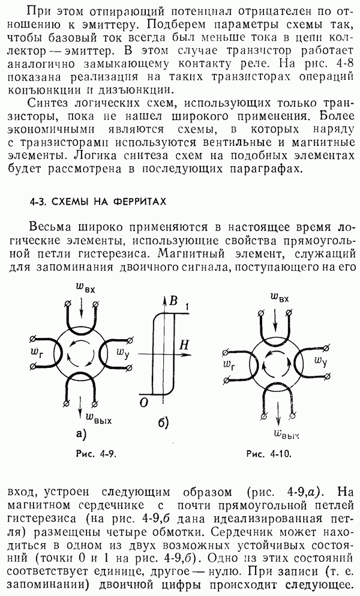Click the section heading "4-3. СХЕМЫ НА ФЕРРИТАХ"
[x=98, y=202]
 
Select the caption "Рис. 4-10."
[x=269, y=454]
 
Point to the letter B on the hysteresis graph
[x=173, y=301]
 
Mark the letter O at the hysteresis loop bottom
[x=143, y=403]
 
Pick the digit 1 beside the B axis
[x=186, y=306]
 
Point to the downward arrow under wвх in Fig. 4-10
[x=275, y=316]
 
